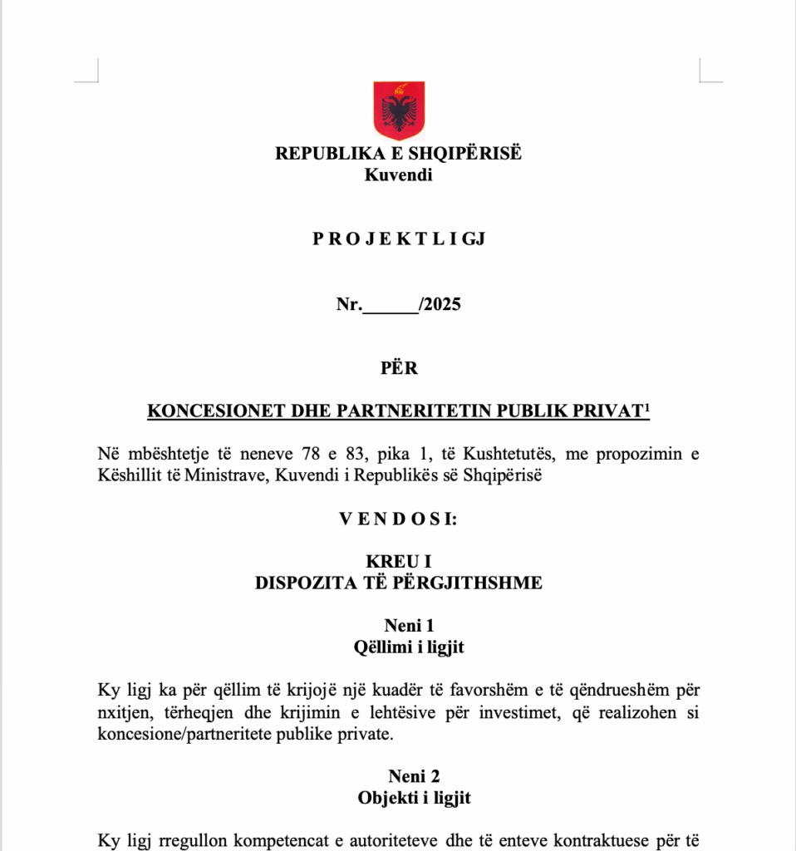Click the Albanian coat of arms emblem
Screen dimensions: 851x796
[398, 111]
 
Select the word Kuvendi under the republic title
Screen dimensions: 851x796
[398, 175]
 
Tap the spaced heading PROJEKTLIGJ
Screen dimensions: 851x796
[398, 239]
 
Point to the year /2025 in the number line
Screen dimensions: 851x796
[440, 304]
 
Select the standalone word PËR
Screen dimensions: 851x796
[399, 369]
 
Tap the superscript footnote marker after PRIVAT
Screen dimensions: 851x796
[646, 406]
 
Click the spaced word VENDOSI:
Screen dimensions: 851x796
[398, 520]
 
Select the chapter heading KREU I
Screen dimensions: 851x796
[398, 563]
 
